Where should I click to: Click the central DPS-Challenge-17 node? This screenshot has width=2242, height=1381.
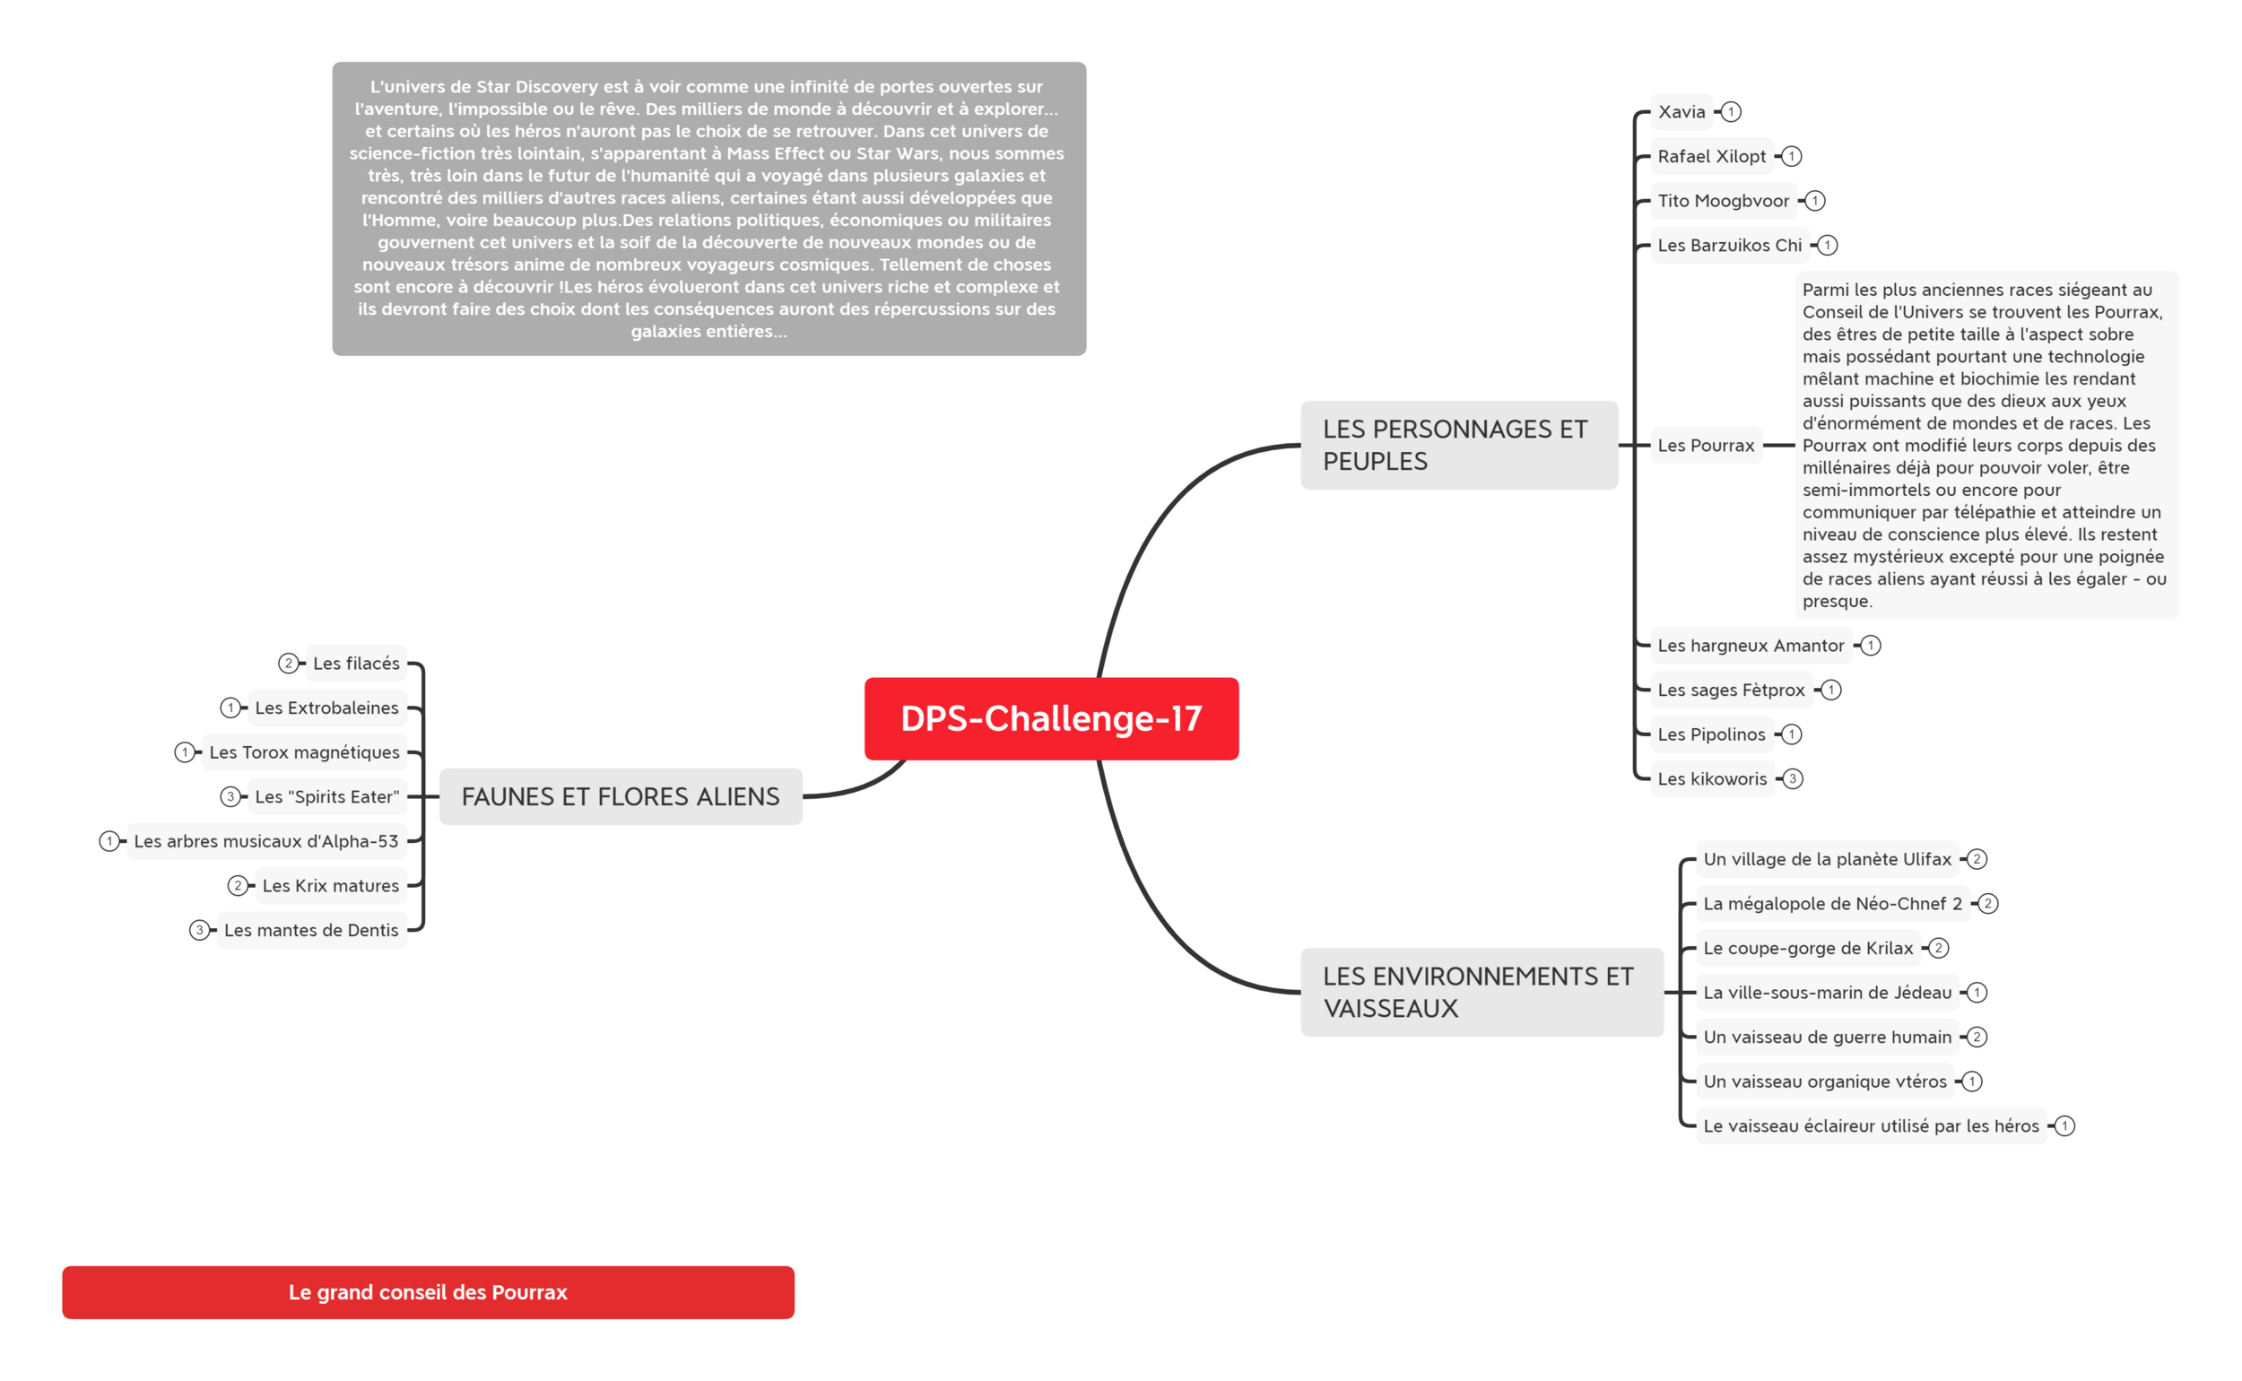(x=1051, y=718)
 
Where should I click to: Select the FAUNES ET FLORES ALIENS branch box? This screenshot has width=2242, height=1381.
(x=620, y=796)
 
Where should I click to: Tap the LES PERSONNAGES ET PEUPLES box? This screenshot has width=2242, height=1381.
(x=1458, y=445)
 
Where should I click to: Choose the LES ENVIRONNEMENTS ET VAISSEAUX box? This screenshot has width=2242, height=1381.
(x=1482, y=992)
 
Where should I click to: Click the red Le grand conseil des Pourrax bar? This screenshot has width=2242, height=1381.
(x=428, y=1291)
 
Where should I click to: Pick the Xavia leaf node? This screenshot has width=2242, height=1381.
(x=1681, y=111)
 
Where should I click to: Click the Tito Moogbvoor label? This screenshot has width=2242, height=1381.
(x=1724, y=201)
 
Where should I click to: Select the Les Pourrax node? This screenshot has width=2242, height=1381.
(x=1706, y=446)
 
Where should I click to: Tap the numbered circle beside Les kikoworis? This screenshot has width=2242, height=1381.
(x=1793, y=779)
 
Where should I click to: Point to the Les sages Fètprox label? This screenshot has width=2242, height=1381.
(x=1732, y=690)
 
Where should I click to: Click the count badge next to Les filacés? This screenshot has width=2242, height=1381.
(x=289, y=663)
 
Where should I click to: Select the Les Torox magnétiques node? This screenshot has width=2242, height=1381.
(x=304, y=751)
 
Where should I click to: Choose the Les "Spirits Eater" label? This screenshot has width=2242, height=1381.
(x=327, y=796)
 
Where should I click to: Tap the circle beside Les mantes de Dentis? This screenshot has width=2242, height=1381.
(x=199, y=930)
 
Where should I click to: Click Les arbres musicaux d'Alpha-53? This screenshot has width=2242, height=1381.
(x=265, y=841)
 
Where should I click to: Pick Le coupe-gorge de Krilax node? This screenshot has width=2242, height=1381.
(x=1807, y=948)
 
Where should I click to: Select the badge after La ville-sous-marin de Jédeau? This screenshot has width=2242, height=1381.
(x=1977, y=992)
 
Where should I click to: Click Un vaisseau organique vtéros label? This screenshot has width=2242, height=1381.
(x=1825, y=1081)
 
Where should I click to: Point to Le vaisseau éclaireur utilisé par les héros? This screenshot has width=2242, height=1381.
(x=1871, y=1126)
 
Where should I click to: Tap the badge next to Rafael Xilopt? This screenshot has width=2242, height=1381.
(x=1792, y=156)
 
